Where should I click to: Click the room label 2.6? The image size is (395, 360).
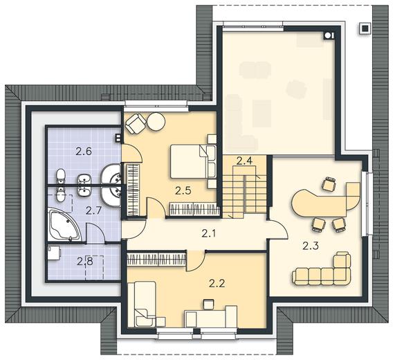tap(84, 152)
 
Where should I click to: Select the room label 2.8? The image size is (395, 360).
tap(85, 262)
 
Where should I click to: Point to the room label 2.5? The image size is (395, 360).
tap(183, 191)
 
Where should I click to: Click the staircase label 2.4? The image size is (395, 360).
tap(244, 161)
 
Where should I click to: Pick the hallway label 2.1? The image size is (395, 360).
tap(209, 234)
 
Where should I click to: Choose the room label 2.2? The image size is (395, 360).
tap(217, 284)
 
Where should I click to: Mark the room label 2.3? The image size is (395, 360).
tap(311, 246)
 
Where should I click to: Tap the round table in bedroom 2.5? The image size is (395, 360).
tap(156, 122)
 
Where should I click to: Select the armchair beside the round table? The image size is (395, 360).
tap(136, 123)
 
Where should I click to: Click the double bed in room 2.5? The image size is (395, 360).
tap(193, 161)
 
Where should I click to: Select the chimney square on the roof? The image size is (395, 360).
tap(365, 28)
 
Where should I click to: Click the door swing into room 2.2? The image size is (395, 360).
tap(196, 262)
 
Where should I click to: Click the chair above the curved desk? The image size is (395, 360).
tap(329, 183)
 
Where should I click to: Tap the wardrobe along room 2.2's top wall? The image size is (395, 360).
tap(157, 259)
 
